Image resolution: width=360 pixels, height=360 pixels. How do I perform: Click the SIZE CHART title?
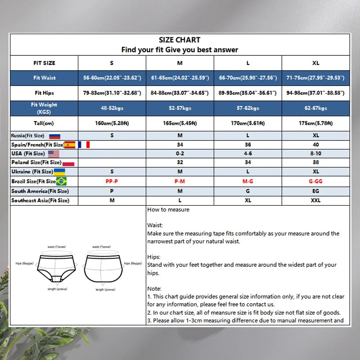tap(180, 40)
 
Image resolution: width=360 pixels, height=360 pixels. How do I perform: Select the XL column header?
tap(316, 63)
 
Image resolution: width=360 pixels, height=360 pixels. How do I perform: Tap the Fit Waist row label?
tap(44, 78)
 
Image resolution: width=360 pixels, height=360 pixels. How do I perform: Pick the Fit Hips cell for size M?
tap(180, 93)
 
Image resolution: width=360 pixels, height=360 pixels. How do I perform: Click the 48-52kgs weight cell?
tap(112, 108)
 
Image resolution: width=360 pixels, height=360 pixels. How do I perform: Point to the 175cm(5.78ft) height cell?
tap(316, 123)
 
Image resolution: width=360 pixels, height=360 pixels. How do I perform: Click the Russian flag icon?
tap(54, 136)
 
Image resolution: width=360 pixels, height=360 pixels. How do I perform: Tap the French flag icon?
tap(84, 145)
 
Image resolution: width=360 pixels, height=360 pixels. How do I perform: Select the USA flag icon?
tap(54, 154)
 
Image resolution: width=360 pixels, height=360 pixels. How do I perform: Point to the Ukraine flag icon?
tap(59, 172)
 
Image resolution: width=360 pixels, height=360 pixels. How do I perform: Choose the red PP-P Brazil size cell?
tap(112, 181)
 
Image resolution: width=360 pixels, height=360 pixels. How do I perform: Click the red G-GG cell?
tap(316, 181)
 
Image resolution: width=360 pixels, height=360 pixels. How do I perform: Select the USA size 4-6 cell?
tap(248, 154)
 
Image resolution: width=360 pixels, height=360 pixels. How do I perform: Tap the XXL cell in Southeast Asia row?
tap(316, 201)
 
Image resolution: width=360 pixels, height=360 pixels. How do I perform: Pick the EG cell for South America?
tap(316, 191)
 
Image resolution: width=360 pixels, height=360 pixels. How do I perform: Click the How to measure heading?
tap(168, 210)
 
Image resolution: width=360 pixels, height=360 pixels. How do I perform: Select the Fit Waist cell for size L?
tap(248, 78)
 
